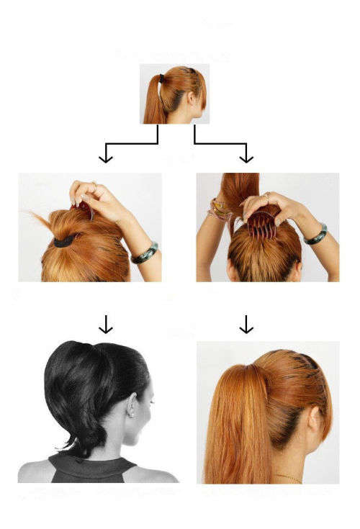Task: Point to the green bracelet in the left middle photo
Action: tap(144, 253)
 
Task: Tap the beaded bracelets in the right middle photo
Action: tap(217, 210)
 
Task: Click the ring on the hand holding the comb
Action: tap(266, 195)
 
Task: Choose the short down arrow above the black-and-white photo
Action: tap(106, 325)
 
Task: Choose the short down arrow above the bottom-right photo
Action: tap(246, 325)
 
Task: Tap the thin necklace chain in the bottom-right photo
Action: tap(288, 476)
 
